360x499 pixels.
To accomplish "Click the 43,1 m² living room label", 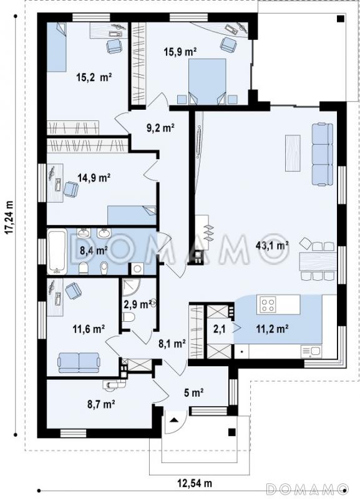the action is [x=272, y=245].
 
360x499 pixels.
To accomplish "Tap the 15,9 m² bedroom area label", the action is [x=180, y=52].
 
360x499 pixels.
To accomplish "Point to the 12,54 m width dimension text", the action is [x=194, y=483].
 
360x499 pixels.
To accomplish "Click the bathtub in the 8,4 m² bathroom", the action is [x=57, y=251].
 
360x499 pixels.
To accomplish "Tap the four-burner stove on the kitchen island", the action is [x=268, y=304].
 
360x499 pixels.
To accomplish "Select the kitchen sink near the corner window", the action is [x=311, y=352].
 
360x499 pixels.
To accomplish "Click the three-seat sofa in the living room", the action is [x=322, y=154].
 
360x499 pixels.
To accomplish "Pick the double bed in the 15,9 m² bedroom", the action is [x=208, y=81].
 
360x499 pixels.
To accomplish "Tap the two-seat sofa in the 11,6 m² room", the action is [x=79, y=362].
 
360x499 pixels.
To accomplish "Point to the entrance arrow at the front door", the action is [x=173, y=420].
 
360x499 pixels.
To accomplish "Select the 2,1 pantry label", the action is [x=220, y=329].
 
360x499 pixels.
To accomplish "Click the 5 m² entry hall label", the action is [x=193, y=393].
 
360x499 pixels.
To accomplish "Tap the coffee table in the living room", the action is [x=293, y=153].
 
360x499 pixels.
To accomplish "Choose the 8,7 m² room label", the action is [x=101, y=404].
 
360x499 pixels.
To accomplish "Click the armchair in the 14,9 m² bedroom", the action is [x=71, y=189].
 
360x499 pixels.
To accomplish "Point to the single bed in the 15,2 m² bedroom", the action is [x=57, y=47].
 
